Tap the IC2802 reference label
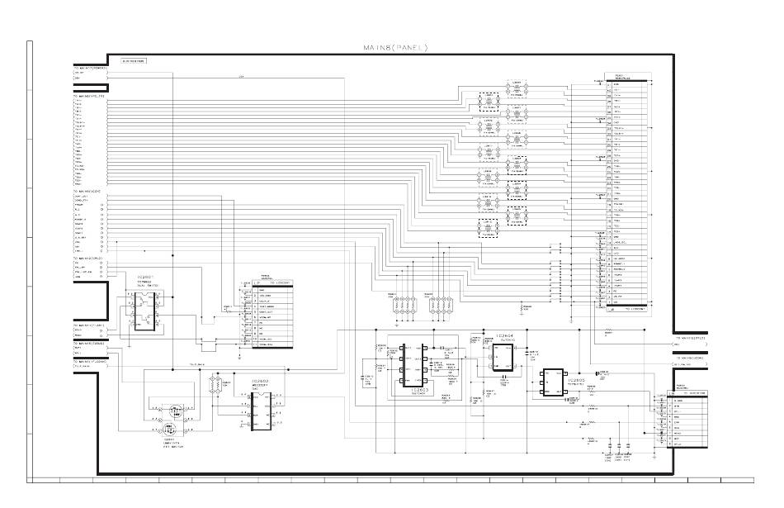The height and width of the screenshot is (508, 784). [262, 381]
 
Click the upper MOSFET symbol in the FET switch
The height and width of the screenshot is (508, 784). [174, 411]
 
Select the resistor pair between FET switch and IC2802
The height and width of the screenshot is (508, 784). [216, 386]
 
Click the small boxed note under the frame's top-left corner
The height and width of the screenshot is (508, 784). [133, 61]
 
